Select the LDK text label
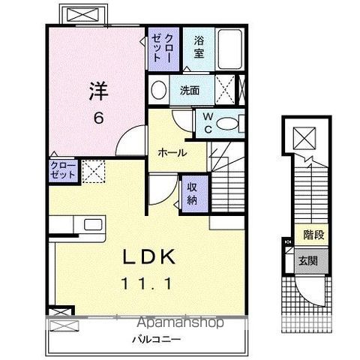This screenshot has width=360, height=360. click(149, 257)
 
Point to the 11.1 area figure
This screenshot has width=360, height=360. click(149, 285)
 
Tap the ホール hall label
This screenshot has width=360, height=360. click(172, 151)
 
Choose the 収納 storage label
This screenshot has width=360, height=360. click(192, 194)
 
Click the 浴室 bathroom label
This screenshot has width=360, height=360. click(199, 47)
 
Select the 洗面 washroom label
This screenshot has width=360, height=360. click(189, 91)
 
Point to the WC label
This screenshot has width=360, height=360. click(205, 122)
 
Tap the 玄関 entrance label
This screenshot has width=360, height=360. click(307, 261)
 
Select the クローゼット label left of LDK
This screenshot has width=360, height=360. click(63, 168)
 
